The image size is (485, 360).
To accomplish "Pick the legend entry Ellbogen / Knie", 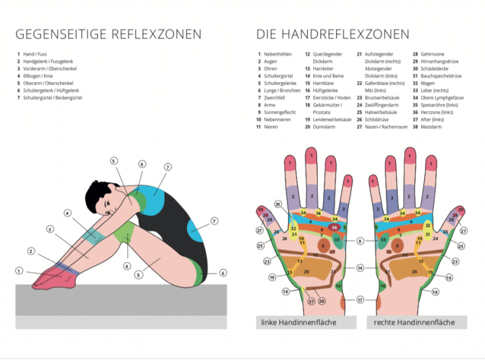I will (x=40, y=76).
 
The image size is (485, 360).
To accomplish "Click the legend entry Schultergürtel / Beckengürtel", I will (x=53, y=98).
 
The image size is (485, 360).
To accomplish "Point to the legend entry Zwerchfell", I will (x=277, y=98).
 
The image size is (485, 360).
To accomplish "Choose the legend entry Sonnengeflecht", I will (x=282, y=112).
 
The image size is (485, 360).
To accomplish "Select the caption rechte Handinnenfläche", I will (x=414, y=323).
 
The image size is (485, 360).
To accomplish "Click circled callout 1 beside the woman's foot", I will (x=19, y=271).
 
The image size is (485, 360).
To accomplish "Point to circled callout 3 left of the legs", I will (x=50, y=229).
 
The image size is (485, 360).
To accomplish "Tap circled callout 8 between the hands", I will (x=360, y=241).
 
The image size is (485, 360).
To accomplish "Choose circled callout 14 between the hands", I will (x=360, y=268).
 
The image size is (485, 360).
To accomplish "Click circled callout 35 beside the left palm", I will (x=278, y=204).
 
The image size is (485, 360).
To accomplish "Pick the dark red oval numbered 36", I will (x=334, y=227).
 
